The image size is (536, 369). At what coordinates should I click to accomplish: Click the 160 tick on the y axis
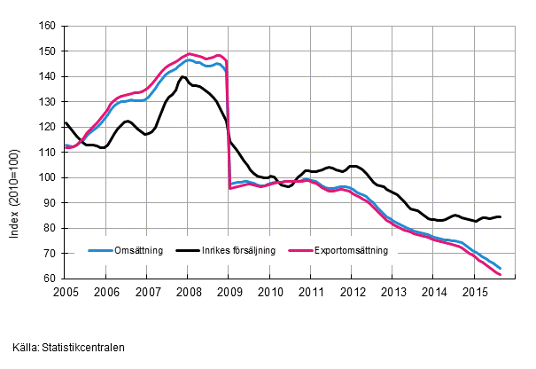coord(52,26)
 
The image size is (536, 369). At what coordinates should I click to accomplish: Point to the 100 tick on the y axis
coord(52,177)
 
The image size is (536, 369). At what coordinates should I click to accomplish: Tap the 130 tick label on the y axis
coord(52,102)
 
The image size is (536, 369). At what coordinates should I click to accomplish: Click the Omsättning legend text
coord(139,251)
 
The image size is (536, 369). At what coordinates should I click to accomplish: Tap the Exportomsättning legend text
coord(352,251)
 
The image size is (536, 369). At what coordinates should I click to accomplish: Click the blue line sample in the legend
coord(100,251)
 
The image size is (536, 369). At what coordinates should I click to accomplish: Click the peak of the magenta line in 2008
coord(190,53)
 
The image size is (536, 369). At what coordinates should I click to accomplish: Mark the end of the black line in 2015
coord(501,216)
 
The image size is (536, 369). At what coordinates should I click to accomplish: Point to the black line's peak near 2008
coord(183,77)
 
